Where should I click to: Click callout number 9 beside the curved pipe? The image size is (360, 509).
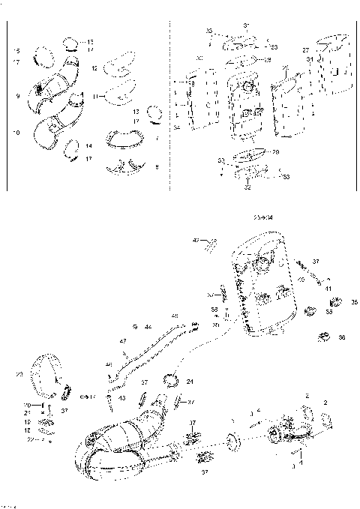pos(17,96)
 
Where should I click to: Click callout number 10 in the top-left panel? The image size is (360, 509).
pos(17,133)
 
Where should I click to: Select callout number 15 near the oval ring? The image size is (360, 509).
pos(17,50)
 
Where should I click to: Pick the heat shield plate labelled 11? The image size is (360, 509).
pos(121,95)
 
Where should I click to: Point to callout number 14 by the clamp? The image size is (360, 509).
pos(89,145)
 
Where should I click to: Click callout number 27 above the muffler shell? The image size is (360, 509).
pos(305,49)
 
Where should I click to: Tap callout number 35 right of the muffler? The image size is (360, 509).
pos(354,302)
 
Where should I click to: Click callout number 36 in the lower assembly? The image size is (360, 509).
pos(343,338)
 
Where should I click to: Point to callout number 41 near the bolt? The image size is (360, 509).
pos(328,287)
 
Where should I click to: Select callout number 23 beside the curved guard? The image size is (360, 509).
pos(19,373)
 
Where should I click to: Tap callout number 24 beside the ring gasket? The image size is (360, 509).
pos(189,382)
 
